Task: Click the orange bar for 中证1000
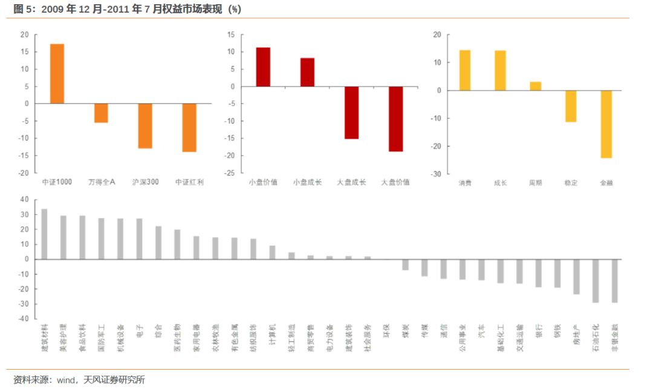57,74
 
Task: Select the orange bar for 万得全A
101,113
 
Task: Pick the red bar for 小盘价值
263,67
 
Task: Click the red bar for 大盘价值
396,119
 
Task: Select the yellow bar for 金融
606,124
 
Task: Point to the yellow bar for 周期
535,87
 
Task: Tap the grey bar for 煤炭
405,264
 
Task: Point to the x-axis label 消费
465,182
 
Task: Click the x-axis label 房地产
577,335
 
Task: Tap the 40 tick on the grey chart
25,200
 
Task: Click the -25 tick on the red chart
229,173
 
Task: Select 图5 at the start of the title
22,9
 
